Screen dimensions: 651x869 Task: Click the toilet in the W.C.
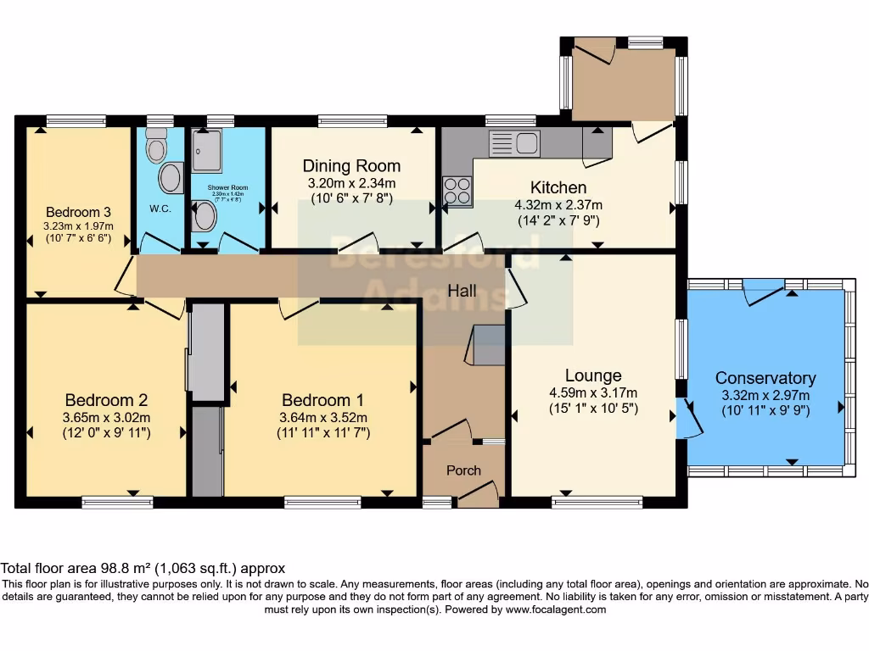pos(156,147)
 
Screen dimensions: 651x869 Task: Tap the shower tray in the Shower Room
pos(207,151)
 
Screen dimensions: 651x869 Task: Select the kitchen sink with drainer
pos(514,143)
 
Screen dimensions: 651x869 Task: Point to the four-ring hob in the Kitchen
pos(457,192)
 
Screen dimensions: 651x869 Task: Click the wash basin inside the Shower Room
pos(205,215)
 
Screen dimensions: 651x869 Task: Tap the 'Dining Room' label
pos(351,166)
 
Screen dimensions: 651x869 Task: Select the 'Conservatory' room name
pos(765,378)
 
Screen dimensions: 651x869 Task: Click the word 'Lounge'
pos(594,376)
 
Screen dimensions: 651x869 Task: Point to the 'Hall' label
pos(462,291)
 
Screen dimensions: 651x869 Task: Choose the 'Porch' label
pos(463,470)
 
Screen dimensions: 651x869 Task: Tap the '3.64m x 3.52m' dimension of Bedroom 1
pos(326,417)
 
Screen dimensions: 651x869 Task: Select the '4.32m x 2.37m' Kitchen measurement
pos(558,204)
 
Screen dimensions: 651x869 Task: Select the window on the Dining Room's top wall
pos(352,120)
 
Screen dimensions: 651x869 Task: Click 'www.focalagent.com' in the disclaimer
pos(557,609)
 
